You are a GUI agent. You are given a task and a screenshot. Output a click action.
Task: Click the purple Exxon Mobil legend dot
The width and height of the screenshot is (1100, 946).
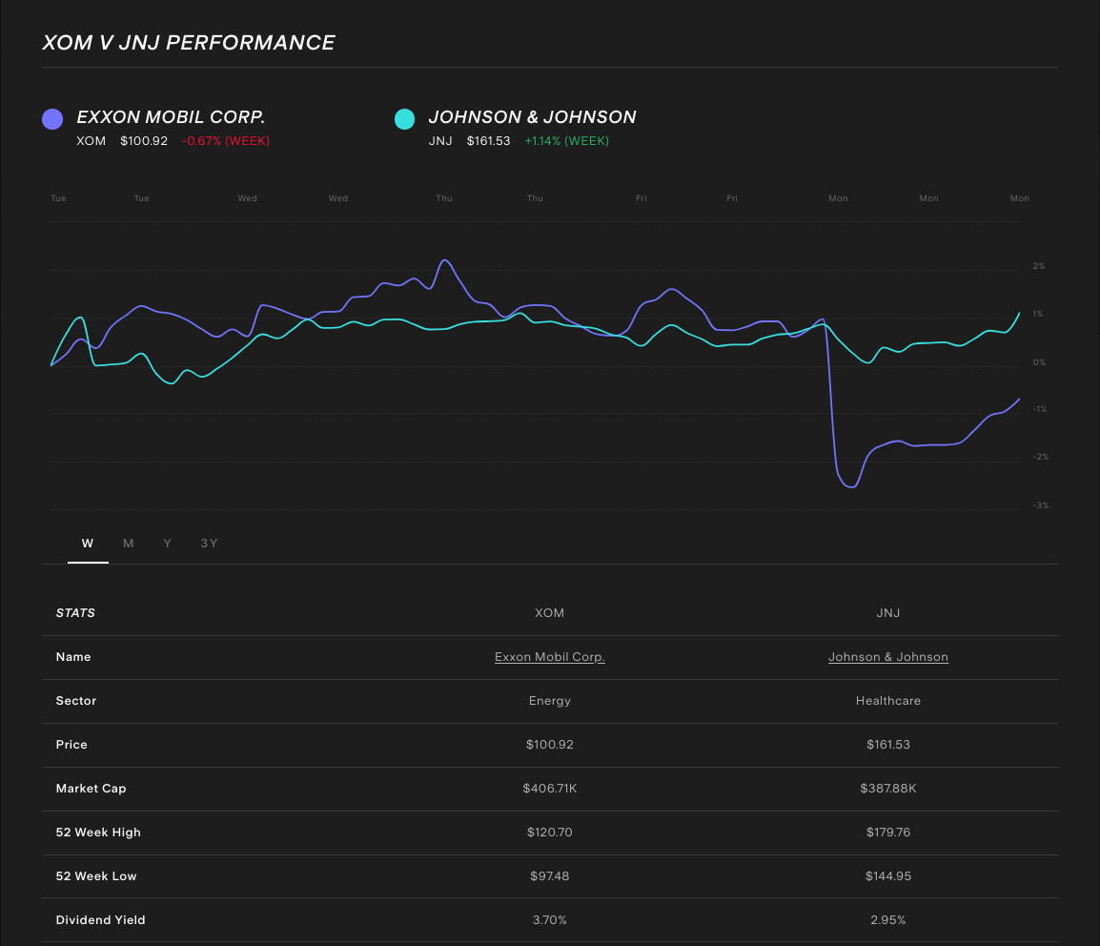pos(52,118)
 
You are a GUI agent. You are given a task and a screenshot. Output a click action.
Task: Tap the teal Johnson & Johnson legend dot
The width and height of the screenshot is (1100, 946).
pos(404,118)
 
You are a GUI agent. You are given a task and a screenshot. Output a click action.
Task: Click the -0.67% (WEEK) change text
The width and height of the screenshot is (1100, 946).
pos(226,141)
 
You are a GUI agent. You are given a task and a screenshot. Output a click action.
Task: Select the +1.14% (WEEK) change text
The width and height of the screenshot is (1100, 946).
pos(566,141)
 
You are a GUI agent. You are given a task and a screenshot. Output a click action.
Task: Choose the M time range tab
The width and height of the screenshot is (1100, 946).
pos(128,544)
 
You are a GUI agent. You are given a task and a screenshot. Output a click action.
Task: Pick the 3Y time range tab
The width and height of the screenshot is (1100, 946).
pos(209,544)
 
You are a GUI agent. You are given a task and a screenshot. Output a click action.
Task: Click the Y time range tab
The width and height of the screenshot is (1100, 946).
pos(168,544)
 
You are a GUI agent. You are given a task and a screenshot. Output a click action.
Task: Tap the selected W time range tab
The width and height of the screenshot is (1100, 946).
pos(88,544)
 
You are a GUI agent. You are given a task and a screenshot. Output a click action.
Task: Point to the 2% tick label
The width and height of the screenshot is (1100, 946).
pos(1039,266)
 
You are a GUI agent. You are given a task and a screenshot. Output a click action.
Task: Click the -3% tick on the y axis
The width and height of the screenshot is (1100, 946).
pos(1040,505)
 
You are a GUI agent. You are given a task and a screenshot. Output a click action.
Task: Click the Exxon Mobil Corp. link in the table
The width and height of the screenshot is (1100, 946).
pos(550,657)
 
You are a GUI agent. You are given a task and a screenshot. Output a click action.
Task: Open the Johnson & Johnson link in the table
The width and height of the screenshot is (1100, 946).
pos(888,657)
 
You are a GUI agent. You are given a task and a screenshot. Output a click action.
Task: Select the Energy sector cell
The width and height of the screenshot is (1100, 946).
pos(550,701)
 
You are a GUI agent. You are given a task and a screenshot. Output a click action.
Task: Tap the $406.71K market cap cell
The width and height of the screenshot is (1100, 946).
pos(550,789)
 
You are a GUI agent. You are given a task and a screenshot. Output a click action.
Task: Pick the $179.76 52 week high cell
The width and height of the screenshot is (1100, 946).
pos(888,833)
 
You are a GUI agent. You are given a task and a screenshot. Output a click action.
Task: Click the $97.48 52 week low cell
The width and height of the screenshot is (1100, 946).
pos(550,876)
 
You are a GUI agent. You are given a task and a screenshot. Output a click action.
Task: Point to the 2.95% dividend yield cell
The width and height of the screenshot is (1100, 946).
pos(888,920)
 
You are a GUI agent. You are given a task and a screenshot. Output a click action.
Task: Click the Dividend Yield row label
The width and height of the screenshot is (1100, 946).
pos(101,920)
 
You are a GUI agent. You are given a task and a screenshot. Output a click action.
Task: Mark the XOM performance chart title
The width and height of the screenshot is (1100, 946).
pos(189,43)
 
